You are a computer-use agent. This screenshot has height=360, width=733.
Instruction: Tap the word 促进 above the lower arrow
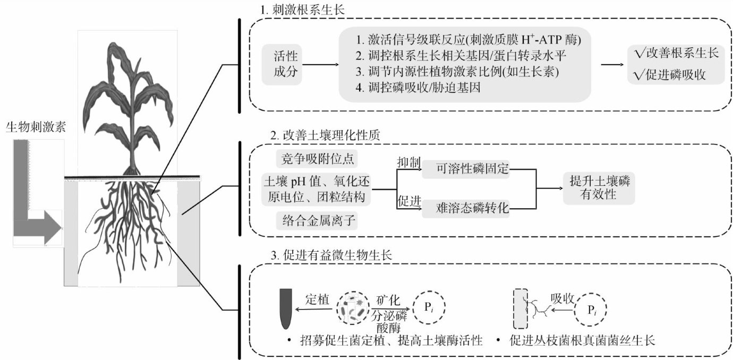(x=410, y=201)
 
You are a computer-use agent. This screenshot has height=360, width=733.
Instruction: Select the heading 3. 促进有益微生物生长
(x=331, y=255)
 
